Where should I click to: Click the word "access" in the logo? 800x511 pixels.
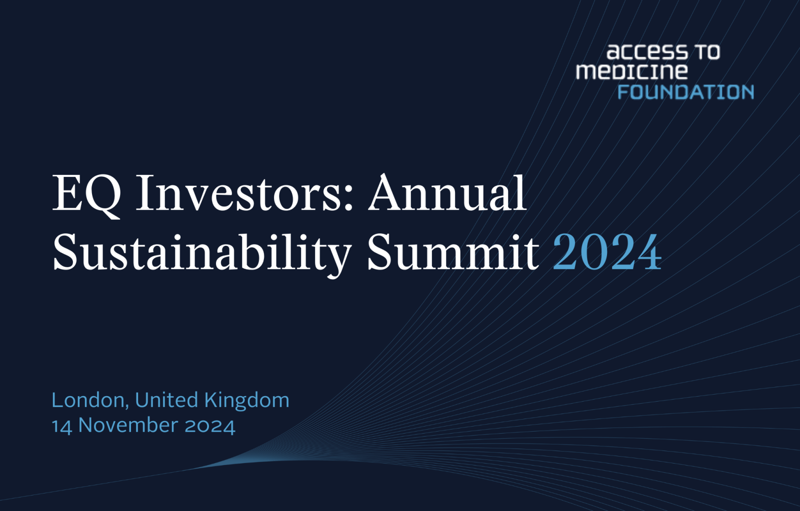click(x=647, y=52)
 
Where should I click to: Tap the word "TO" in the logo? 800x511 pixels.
click(x=707, y=52)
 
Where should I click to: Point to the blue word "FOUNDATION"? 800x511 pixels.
click(x=685, y=92)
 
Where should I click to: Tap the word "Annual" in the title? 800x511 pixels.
click(x=447, y=192)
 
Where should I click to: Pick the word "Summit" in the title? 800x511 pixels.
click(x=453, y=252)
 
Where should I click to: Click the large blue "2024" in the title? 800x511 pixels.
click(x=607, y=252)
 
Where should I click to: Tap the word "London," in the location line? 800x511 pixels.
click(x=90, y=401)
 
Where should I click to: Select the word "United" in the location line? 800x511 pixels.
click(x=166, y=400)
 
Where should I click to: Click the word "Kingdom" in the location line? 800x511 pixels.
click(x=247, y=401)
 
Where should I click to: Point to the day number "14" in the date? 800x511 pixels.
click(x=62, y=426)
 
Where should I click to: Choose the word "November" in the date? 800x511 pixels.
click(x=128, y=426)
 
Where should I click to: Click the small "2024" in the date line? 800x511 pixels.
click(x=209, y=426)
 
